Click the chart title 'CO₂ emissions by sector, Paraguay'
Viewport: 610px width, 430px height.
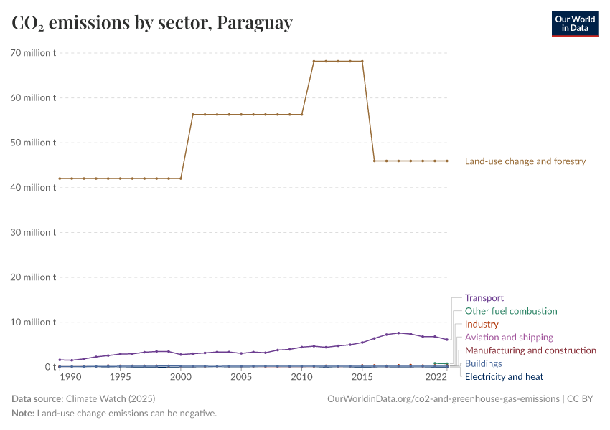pos(152,23)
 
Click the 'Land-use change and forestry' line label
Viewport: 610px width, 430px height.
pos(525,161)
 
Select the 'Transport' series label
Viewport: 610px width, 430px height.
pos(484,297)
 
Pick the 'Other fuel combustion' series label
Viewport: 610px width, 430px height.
pos(510,311)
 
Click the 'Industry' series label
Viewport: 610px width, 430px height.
pos(482,324)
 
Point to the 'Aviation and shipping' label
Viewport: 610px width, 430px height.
pos(509,337)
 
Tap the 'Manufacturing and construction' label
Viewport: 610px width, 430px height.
pos(530,350)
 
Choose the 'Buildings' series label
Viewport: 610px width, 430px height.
pos(483,363)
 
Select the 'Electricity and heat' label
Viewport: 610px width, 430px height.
pos(504,376)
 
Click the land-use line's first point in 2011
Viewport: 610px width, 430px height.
pos(314,62)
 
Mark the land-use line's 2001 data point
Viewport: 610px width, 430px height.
pos(193,114)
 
